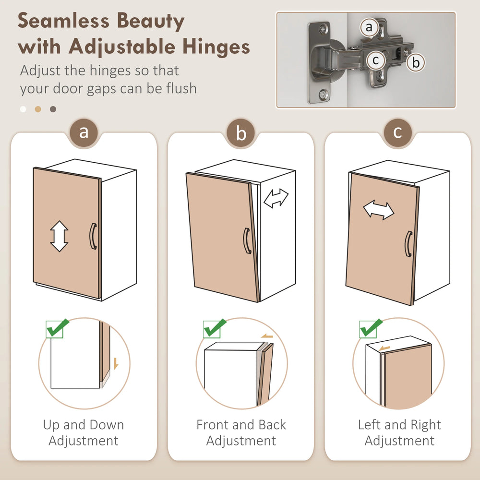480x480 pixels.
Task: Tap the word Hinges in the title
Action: (x=216, y=47)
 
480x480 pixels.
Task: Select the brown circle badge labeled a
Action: (x=84, y=132)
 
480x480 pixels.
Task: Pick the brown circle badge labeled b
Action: (x=241, y=133)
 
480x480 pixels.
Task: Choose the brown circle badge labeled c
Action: (x=397, y=132)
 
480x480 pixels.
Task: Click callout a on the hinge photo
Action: (x=369, y=27)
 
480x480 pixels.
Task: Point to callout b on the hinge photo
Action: (x=416, y=62)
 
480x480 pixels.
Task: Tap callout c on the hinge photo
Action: (x=376, y=60)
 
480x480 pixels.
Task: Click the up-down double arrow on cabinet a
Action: (x=59, y=236)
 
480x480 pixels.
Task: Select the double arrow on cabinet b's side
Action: (x=276, y=198)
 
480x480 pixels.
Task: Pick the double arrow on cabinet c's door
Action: (x=379, y=210)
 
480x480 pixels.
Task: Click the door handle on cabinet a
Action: (x=93, y=236)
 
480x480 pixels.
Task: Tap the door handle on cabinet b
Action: (x=247, y=240)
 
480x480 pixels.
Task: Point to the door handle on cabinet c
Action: (x=408, y=244)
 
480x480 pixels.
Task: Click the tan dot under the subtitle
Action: (x=38, y=109)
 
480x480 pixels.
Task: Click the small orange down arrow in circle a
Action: (x=116, y=363)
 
